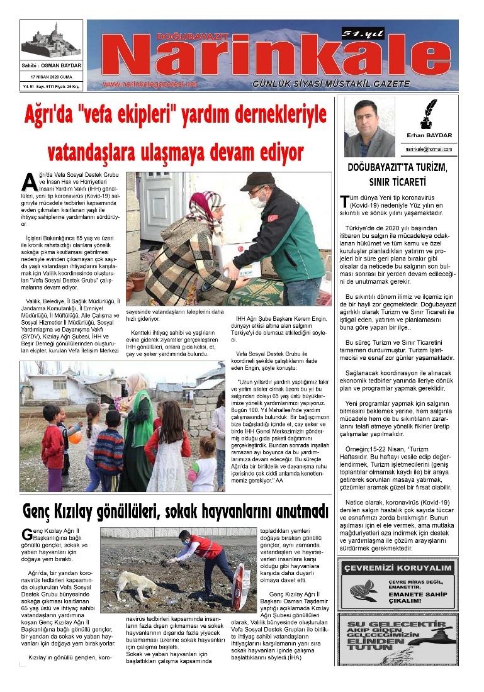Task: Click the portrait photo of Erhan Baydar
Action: (x=369, y=128)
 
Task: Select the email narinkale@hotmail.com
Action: (x=429, y=149)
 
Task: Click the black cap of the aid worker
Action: (x=256, y=181)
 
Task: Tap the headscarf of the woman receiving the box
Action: (x=205, y=208)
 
